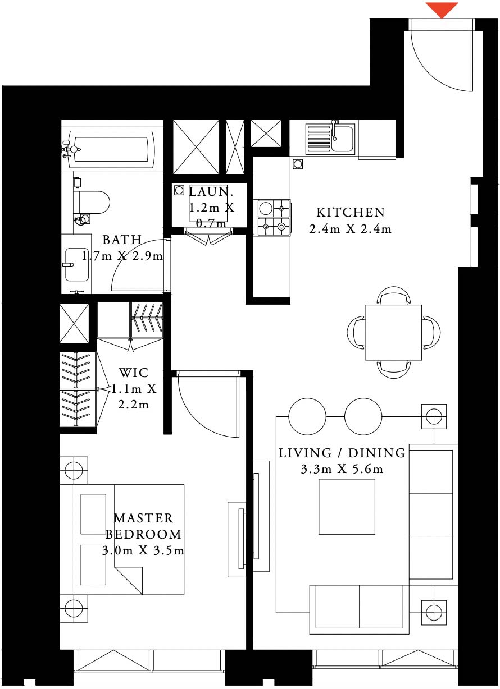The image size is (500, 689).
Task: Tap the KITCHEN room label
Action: click(x=351, y=213)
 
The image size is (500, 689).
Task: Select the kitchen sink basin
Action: click(x=342, y=138)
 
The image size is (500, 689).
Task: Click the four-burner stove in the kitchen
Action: click(x=274, y=218)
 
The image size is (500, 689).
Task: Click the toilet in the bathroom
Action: click(x=92, y=202)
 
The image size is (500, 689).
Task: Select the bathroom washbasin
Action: click(x=75, y=264)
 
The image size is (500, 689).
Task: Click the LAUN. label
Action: click(x=209, y=191)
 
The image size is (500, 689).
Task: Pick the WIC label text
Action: click(x=134, y=373)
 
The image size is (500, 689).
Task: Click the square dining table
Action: click(x=393, y=332)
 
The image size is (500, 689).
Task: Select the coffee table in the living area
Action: click(x=347, y=508)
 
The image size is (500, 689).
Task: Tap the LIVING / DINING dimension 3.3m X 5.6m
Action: click(x=342, y=468)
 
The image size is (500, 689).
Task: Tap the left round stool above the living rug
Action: click(x=307, y=417)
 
